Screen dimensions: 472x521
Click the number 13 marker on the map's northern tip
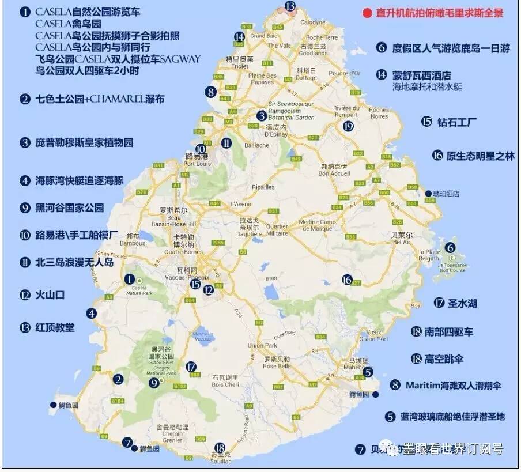click(x=290, y=6)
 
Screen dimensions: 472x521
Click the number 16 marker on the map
click(x=346, y=280)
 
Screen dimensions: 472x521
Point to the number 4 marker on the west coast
click(x=92, y=314)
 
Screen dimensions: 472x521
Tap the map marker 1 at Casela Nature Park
click(x=130, y=279)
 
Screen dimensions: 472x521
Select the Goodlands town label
click(x=314, y=52)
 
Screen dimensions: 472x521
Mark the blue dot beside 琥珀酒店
click(x=428, y=194)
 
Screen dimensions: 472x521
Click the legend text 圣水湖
click(x=463, y=303)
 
